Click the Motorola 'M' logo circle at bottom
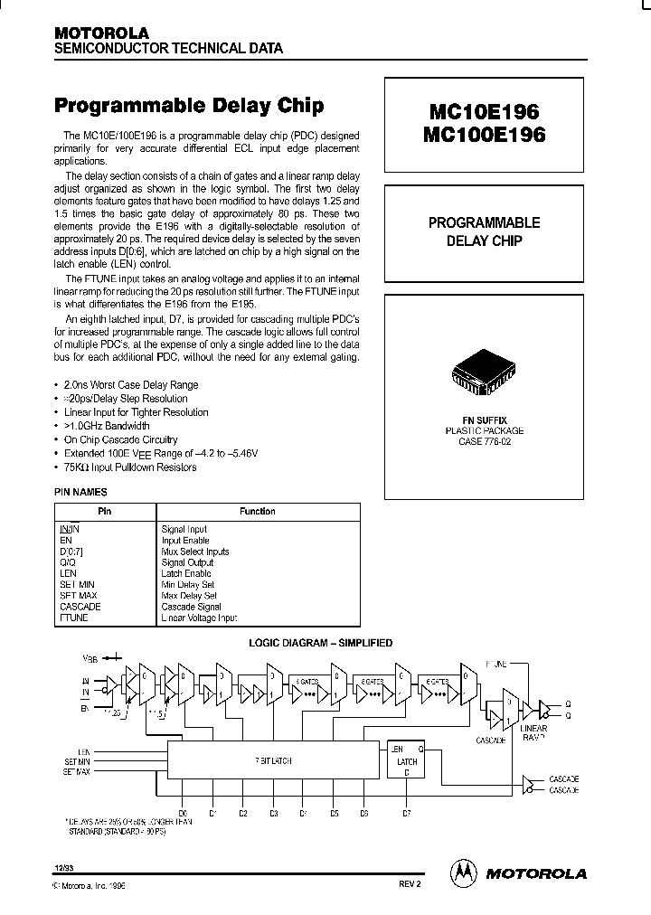pos(463,872)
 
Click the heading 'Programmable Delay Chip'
pos(189,106)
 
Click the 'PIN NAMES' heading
pos(81,492)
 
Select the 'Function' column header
pos(258,512)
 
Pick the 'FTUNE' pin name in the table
pos(74,618)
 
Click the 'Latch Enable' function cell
pos(186,573)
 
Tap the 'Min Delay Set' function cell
pos(188,584)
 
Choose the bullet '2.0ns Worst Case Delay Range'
pos(131,385)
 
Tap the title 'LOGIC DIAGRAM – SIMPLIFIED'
pos(320,643)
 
